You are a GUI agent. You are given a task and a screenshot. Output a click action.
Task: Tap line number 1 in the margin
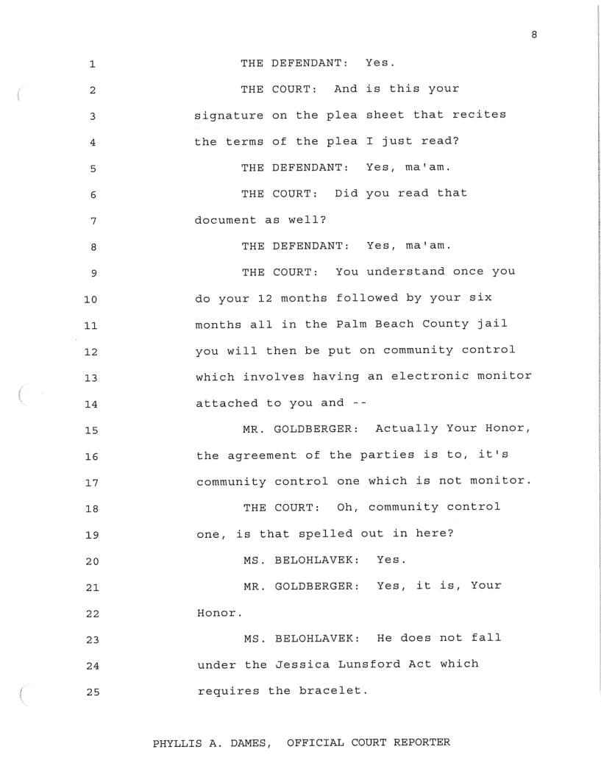(x=93, y=65)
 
